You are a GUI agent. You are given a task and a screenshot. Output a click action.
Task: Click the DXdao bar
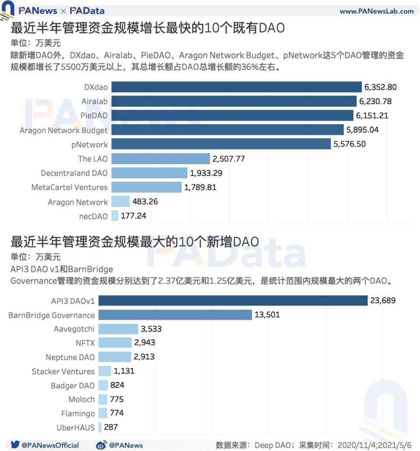coord(236,87)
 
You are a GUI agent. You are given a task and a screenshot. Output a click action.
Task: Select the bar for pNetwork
coord(221,144)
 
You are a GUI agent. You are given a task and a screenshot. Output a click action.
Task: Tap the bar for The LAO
coord(161,159)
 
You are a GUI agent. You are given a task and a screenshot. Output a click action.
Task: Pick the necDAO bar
coord(115,215)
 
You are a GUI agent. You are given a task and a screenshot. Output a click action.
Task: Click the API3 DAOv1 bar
coord(232,301)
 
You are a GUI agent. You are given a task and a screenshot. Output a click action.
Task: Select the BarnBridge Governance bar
coord(175,315)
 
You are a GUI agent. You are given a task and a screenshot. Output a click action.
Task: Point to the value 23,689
coord(383,301)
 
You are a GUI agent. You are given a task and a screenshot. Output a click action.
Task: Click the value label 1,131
coord(124,371)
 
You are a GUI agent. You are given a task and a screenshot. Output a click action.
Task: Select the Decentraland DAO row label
coord(74,173)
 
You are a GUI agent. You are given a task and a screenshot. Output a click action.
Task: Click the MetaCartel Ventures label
coord(69,187)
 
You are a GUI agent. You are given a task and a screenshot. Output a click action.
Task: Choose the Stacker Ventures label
coord(63,371)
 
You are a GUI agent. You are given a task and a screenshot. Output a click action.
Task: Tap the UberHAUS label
coord(75,427)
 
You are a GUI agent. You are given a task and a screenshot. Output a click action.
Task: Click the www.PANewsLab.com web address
coord(376,11)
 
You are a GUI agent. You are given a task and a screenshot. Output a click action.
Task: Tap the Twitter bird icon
coord(14,444)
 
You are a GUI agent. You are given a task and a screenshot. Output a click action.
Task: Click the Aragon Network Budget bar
coord(227,130)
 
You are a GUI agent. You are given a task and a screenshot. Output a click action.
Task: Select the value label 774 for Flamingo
coord(117,413)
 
